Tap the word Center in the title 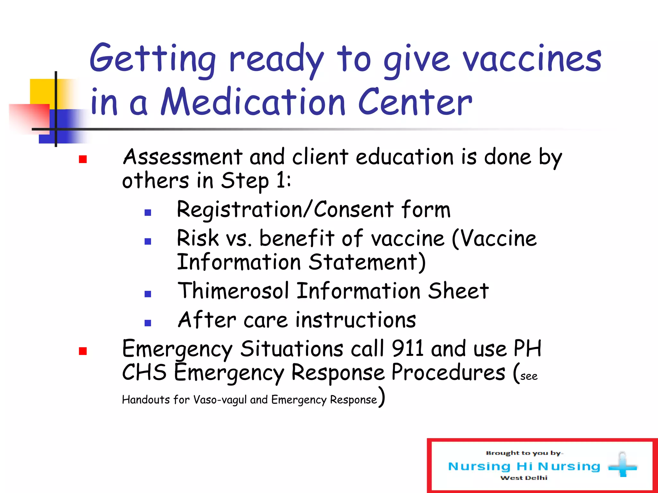tap(415, 102)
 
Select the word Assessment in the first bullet tap(182, 157)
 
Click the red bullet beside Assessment tap(83, 159)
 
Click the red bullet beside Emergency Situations tap(83, 351)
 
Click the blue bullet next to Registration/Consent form tap(148, 212)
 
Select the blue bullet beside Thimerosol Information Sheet tap(148, 294)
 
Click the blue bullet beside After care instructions tap(148, 323)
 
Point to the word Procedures tap(448, 373)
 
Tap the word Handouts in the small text tap(146, 400)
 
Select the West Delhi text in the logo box tap(524, 478)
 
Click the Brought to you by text tap(524, 453)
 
